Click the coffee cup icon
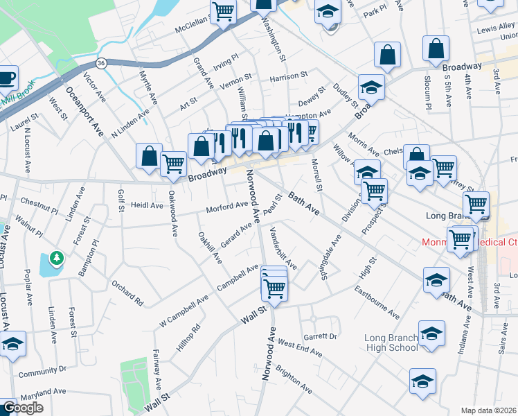6,78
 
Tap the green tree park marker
57,259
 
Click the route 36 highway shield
101,63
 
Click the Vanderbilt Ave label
283,248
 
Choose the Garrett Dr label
323,336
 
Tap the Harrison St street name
289,76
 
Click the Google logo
23,408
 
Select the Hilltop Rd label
188,337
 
